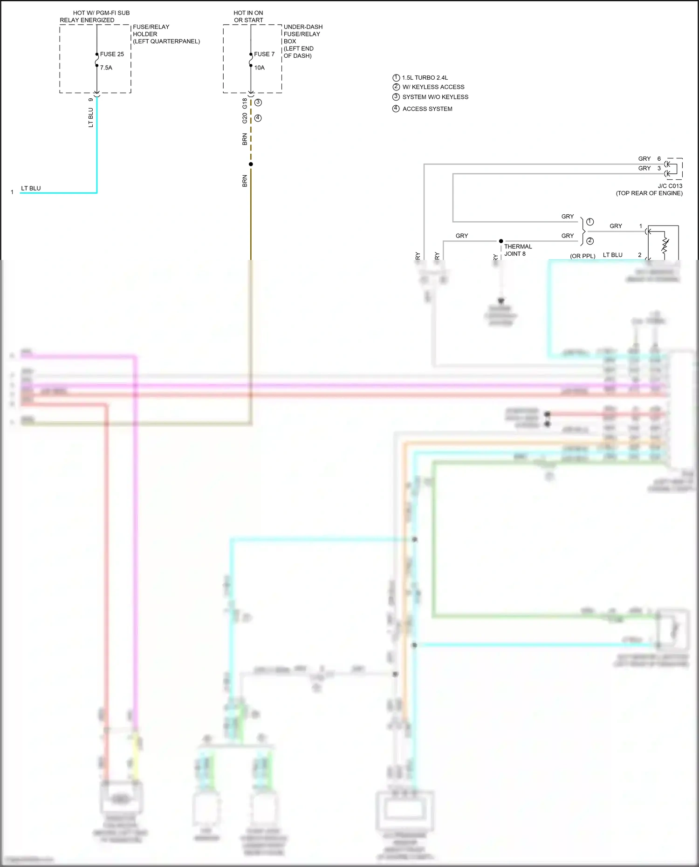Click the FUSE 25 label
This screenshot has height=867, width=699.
112,54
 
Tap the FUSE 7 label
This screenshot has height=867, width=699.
264,54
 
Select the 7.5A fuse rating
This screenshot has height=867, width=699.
106,68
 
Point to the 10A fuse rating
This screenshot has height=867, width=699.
259,68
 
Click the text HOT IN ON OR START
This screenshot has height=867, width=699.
248,16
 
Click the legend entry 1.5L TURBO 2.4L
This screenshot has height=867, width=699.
425,78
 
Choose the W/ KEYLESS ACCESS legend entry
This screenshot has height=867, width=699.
433,87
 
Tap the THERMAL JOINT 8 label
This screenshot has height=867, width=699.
517,250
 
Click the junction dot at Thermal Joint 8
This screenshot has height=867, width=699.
501,241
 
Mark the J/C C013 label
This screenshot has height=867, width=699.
670,186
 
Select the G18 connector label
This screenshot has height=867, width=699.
245,103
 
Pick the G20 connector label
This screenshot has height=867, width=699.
245,118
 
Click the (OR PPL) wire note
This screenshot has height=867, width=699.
582,256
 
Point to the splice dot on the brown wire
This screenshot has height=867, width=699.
251,164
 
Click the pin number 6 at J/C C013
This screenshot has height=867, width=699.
659,159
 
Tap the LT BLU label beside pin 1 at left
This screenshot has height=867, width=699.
31,188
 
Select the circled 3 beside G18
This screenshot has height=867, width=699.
258,102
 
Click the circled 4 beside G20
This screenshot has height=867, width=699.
258,118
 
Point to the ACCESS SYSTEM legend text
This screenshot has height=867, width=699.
427,109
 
